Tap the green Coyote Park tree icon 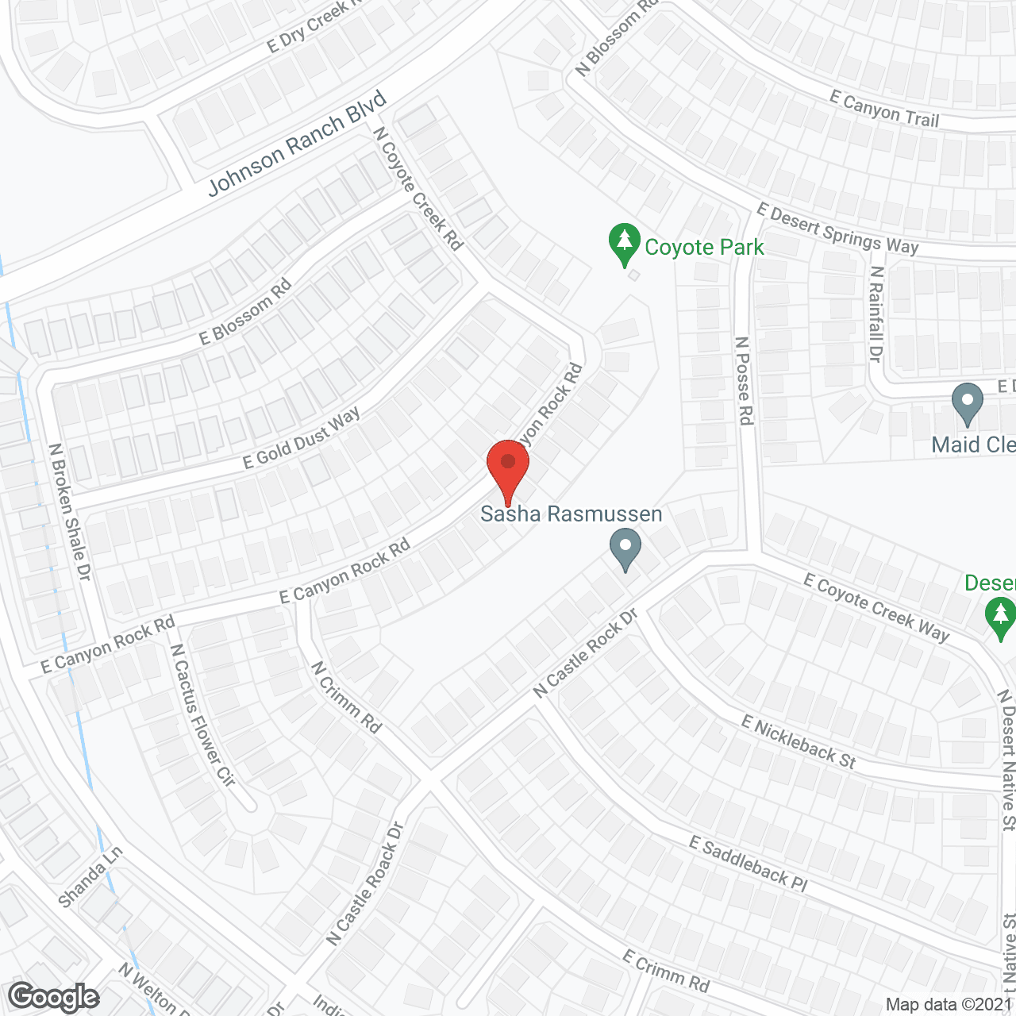(625, 244)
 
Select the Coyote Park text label (704, 248)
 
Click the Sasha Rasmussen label (571, 514)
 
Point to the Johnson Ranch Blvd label (297, 144)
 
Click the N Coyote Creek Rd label (418, 189)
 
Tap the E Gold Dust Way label (302, 438)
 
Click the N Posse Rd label (744, 381)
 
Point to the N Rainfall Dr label (876, 314)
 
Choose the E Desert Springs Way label (837, 229)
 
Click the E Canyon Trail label (884, 109)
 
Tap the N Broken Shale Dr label (70, 512)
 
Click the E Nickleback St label (799, 742)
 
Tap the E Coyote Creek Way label (876, 607)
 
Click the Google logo (54, 997)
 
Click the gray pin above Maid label (967, 403)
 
